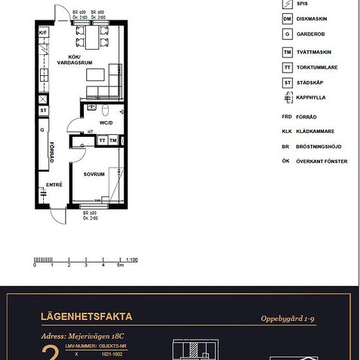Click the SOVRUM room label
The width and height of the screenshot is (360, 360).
coord(94,174)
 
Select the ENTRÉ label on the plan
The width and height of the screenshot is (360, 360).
coord(53,185)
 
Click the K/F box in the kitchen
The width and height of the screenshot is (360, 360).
coord(43,32)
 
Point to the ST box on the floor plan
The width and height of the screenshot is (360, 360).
coord(43,111)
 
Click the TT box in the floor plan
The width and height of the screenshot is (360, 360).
coord(102,140)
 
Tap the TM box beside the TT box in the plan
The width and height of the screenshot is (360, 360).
coord(113,140)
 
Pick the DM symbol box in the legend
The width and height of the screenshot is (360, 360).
coord(287,19)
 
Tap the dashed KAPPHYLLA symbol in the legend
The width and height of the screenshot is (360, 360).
coord(287,98)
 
